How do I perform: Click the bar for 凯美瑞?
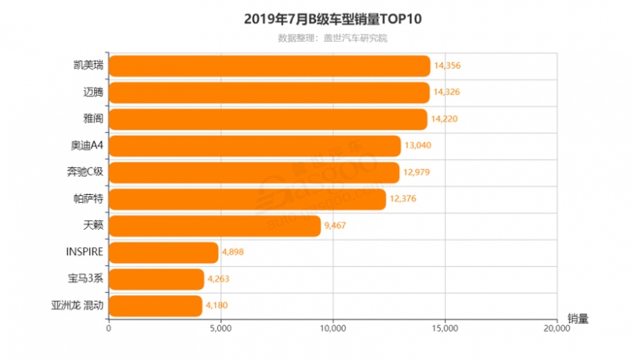(269, 66)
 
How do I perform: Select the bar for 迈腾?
(269, 92)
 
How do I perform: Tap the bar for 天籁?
(214, 226)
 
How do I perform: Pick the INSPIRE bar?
(163, 253)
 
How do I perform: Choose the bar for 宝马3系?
(156, 279)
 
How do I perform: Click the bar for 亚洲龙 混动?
(155, 306)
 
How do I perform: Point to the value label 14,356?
(447, 66)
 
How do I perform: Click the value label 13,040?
(418, 146)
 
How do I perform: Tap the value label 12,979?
(416, 173)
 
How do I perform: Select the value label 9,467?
(336, 226)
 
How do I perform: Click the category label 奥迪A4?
(86, 146)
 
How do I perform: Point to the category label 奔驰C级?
(85, 173)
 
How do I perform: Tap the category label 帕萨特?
(88, 199)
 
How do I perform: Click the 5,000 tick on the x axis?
(220, 331)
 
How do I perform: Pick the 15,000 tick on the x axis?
(445, 331)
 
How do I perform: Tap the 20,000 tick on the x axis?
(557, 331)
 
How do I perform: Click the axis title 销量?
(577, 319)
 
